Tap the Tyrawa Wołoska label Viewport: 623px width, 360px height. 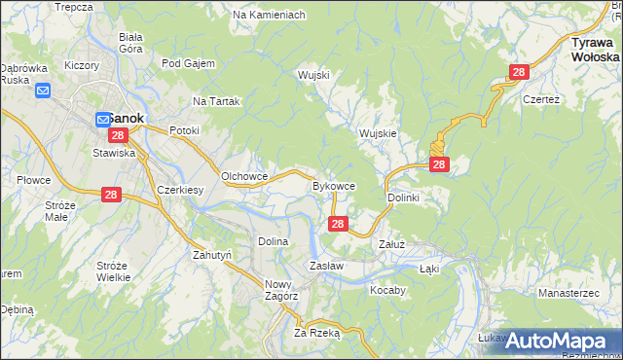pos(596,51)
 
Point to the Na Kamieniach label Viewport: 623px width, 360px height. pos(270,16)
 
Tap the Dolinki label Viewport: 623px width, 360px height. pos(403,198)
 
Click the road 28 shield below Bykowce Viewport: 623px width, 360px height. pos(337,225)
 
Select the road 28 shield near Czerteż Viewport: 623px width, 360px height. pos(519,72)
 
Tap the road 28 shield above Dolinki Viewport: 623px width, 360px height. pos(439,164)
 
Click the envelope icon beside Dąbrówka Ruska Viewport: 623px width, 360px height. pos(43,91)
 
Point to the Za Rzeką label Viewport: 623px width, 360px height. pos(316,332)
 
